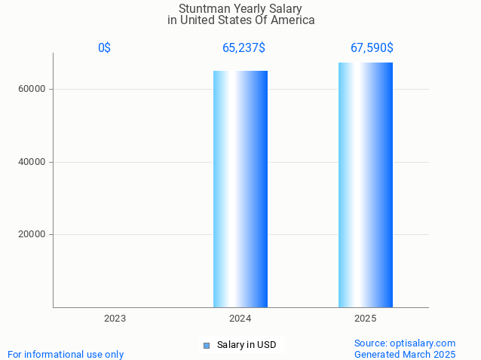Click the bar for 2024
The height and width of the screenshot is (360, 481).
[x=240, y=189]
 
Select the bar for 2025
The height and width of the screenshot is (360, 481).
[x=366, y=185]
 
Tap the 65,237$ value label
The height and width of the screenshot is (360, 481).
[x=244, y=48]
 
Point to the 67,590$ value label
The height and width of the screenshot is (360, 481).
[x=372, y=48]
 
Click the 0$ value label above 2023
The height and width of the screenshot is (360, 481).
[x=104, y=48]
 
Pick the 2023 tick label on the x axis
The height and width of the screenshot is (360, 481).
[x=115, y=319]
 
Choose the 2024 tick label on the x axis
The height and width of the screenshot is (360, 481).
[x=240, y=319]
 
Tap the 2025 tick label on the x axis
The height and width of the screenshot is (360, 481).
[x=366, y=319]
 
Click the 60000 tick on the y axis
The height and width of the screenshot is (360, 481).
[x=32, y=89]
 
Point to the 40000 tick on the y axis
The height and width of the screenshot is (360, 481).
[x=32, y=162]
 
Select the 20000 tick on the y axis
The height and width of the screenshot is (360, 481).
[x=32, y=234]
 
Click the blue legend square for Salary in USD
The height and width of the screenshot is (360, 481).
[x=207, y=346]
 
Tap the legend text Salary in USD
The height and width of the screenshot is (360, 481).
[x=247, y=345]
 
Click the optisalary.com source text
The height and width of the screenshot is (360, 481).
[x=406, y=343]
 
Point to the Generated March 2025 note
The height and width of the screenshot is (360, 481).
[x=405, y=354]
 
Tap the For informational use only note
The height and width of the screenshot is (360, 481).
[x=66, y=354]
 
